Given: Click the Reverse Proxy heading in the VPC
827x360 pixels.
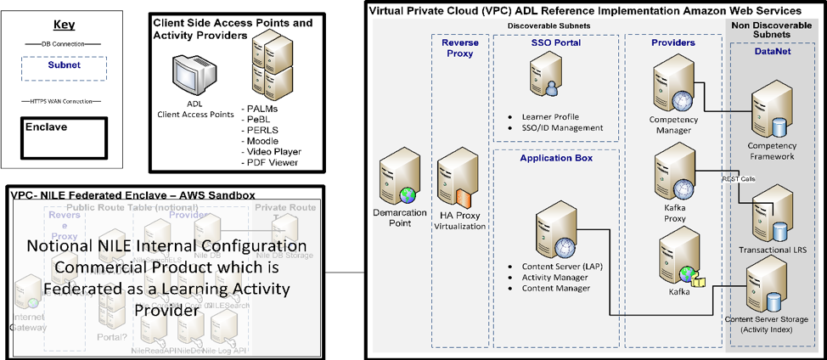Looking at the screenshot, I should [x=459, y=48].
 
